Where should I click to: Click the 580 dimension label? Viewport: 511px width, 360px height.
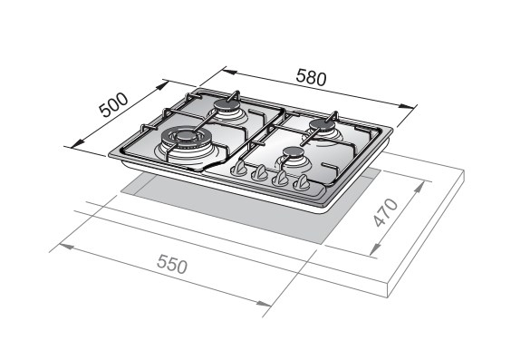311,78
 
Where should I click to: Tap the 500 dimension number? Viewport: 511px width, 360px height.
113,105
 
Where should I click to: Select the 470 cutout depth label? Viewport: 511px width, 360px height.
386,212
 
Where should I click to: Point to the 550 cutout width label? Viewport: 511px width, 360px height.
172,264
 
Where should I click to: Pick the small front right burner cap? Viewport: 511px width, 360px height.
294,152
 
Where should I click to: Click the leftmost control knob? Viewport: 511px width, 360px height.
239,169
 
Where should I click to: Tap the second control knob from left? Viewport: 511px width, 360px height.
260,173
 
